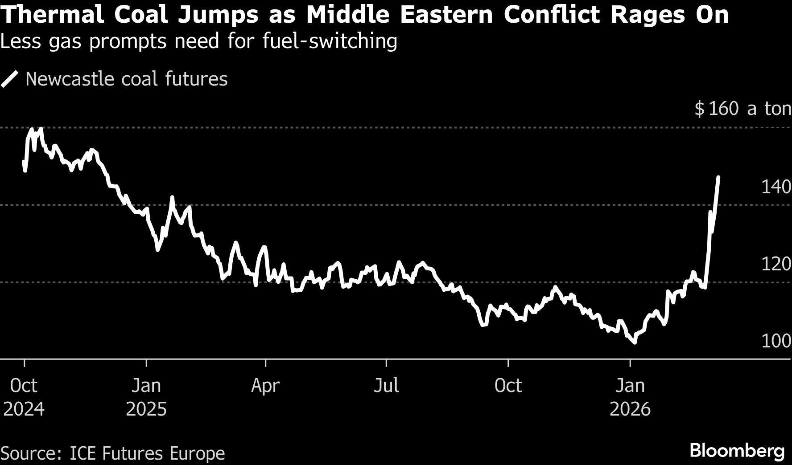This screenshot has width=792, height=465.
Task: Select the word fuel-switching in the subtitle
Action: (330, 41)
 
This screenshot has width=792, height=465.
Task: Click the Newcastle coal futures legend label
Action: (127, 79)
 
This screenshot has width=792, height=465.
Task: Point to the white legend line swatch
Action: (10, 79)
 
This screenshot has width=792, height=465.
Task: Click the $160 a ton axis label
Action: (742, 109)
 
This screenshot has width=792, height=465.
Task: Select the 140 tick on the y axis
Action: (775, 187)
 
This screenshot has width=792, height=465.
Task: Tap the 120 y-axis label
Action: (775, 264)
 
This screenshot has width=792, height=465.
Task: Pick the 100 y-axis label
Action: (775, 341)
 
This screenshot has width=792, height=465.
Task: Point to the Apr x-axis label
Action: (265, 386)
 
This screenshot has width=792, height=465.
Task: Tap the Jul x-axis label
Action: (386, 386)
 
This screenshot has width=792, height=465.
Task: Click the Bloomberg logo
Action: (737, 451)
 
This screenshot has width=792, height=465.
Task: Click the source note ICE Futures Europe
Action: (147, 453)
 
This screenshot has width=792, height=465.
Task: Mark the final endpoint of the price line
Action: (718, 177)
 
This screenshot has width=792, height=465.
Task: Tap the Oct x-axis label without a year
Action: (508, 386)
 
